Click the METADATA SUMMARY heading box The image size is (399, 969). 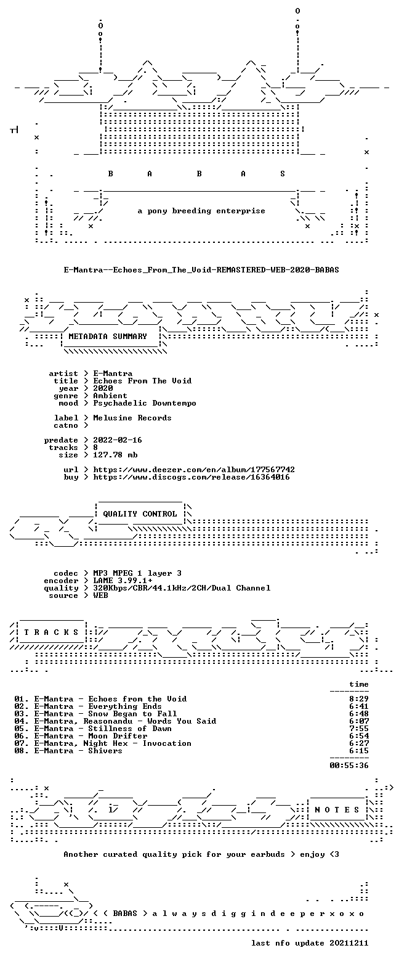coord(108,336)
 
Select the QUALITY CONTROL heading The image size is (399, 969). coord(140,514)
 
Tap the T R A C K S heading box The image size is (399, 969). coord(52,632)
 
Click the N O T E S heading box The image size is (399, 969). coord(337,809)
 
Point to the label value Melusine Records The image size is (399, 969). coord(132,418)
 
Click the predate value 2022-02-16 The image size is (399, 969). coord(118,440)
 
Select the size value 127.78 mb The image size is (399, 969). coord(115,455)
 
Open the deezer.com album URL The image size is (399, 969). coord(194,470)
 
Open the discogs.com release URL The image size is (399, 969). coord(191,477)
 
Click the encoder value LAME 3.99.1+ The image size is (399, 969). coord(123,581)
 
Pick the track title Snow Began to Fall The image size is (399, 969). coord(132,714)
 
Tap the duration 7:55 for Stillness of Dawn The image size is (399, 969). coord(359,729)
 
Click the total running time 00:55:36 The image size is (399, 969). coord(349,765)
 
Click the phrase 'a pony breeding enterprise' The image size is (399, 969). coord(201,211)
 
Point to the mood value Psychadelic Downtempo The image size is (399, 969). coord(144,403)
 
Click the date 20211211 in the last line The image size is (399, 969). coord(349,943)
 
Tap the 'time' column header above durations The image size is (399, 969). coord(359,684)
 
